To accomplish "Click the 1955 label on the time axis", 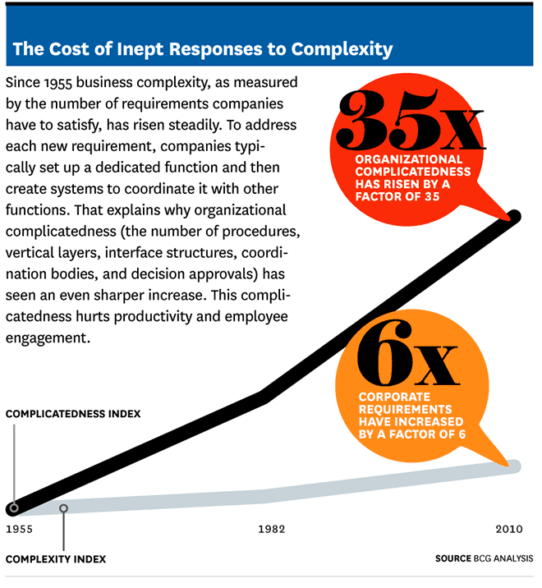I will (x=19, y=529).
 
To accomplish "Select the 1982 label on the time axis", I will (x=271, y=529).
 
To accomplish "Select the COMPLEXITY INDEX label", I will (x=56, y=560).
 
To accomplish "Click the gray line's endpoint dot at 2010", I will (x=515, y=466).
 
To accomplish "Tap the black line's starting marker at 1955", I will (x=13, y=508).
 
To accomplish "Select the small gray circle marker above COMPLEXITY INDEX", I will (x=64, y=509).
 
